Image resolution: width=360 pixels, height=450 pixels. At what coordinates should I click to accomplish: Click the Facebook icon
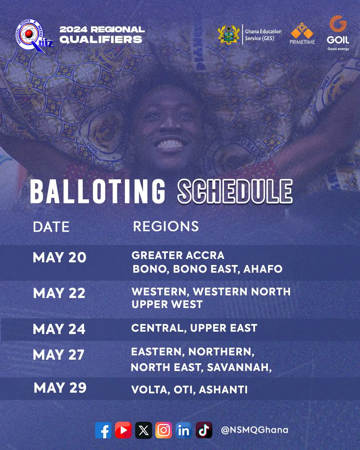(x=103, y=430)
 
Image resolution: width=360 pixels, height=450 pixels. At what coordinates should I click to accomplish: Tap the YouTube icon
(x=123, y=430)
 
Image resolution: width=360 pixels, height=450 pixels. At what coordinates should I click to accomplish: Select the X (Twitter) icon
(x=144, y=430)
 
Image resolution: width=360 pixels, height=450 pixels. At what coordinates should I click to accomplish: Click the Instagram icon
(x=164, y=430)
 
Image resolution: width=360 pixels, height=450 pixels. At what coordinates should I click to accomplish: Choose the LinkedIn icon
(x=184, y=430)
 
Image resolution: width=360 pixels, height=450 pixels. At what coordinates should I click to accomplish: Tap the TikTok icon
(x=204, y=430)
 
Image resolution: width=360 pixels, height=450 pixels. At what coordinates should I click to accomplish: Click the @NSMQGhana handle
(x=255, y=430)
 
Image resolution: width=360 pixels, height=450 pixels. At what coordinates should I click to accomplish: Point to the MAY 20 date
(x=60, y=258)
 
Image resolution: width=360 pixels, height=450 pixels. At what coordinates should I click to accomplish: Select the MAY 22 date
(x=59, y=293)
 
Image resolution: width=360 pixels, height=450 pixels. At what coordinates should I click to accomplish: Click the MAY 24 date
(x=59, y=329)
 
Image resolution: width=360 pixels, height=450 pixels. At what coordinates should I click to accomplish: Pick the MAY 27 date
(x=59, y=355)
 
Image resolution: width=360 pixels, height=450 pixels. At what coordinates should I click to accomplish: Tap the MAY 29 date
(x=60, y=388)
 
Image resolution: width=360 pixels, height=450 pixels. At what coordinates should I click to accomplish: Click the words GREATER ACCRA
(x=178, y=255)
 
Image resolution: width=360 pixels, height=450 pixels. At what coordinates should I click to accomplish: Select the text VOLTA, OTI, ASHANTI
(x=189, y=390)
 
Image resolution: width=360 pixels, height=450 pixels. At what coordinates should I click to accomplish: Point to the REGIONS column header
(x=166, y=227)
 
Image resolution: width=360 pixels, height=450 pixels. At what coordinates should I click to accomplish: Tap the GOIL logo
(x=338, y=33)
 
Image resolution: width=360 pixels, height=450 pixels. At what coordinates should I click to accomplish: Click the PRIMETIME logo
(x=302, y=34)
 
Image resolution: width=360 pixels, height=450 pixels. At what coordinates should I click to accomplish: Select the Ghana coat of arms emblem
(x=229, y=34)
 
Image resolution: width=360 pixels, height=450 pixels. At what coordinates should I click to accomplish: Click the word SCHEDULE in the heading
(x=235, y=191)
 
